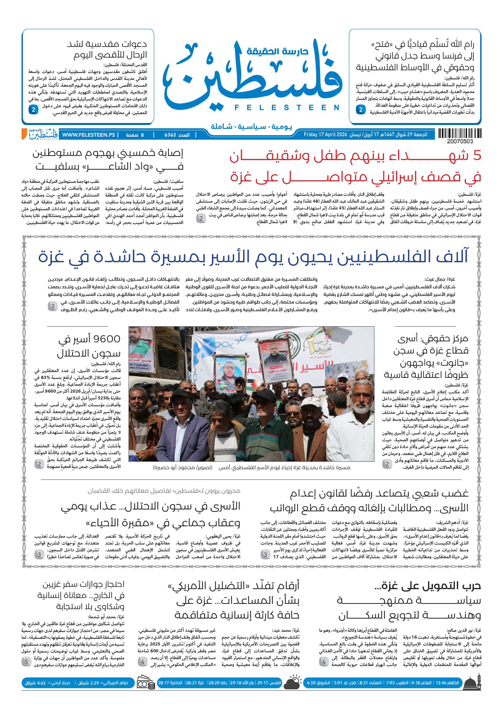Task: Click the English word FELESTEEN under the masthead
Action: coord(287,108)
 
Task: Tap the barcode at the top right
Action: coord(459,133)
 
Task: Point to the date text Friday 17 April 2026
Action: coord(325,135)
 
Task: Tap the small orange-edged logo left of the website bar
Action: coord(40,134)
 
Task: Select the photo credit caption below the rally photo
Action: coord(183,467)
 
